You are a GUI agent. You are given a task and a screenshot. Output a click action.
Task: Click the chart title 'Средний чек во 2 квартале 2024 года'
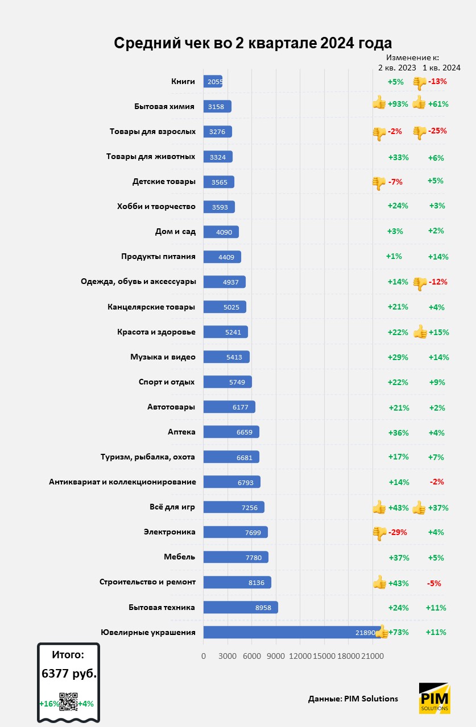pyautogui.click(x=253, y=44)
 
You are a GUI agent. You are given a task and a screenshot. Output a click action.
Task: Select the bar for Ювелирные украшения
pyautogui.click(x=290, y=632)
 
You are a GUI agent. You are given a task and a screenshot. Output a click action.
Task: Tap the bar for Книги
pyautogui.click(x=213, y=81)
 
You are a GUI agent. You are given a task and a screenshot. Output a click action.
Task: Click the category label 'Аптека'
pyautogui.click(x=182, y=432)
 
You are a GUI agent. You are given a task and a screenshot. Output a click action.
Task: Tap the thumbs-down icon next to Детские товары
pyautogui.click(x=379, y=183)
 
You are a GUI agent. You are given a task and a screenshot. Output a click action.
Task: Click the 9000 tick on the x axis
pyautogui.click(x=276, y=656)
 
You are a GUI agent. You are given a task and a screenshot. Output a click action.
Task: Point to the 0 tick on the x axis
pyautogui.click(x=204, y=656)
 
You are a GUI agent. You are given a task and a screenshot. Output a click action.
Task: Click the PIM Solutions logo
pyautogui.click(x=435, y=698)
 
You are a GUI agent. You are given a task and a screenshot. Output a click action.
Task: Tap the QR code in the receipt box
pyautogui.click(x=68, y=702)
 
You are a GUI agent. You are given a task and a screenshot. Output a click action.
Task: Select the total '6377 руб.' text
pyautogui.click(x=69, y=674)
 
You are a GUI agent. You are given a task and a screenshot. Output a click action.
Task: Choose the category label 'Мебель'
pyautogui.click(x=180, y=557)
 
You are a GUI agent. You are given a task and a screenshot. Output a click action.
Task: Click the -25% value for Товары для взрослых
pyautogui.click(x=438, y=131)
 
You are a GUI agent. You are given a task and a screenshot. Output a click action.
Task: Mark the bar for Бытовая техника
pyautogui.click(x=241, y=607)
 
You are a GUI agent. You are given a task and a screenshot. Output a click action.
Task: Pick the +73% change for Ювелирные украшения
pyautogui.click(x=398, y=632)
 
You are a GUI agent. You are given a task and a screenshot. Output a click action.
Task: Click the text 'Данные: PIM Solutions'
pyautogui.click(x=353, y=699)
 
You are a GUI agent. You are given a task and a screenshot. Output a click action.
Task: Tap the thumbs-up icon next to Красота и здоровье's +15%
pyautogui.click(x=420, y=332)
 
